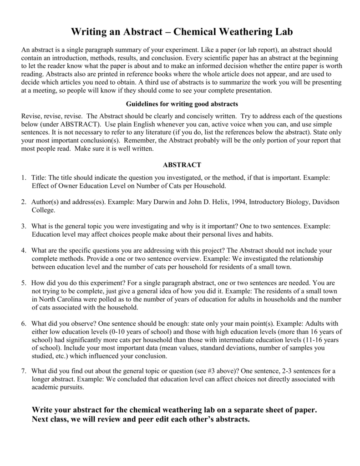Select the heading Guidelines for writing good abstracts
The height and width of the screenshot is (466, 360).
point(181,104)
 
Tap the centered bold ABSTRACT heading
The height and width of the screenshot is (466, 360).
point(181,164)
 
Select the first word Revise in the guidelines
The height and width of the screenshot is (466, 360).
point(32,116)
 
